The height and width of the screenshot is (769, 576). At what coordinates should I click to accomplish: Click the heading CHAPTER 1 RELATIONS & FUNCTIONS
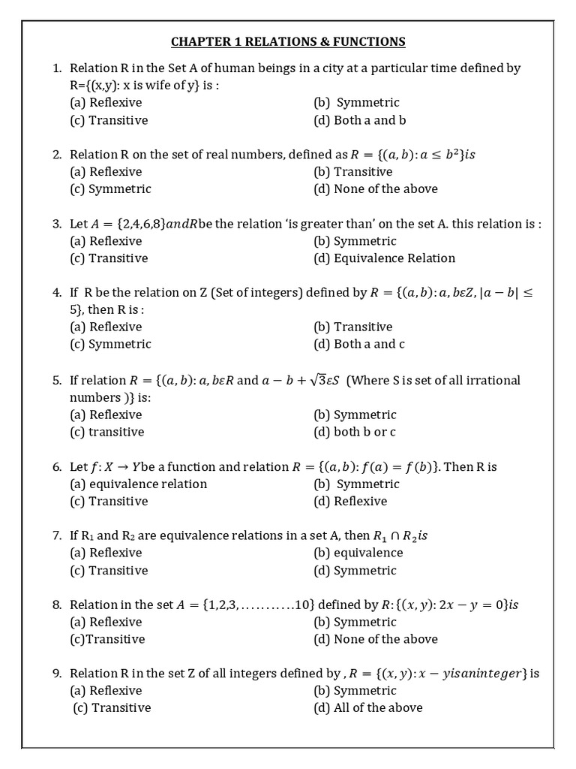tap(288, 41)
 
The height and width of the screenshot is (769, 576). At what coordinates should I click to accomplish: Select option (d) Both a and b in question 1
tap(360, 120)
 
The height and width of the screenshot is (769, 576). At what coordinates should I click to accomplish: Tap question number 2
tap(57, 155)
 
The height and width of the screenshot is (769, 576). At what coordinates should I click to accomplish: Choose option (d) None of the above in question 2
tap(375, 189)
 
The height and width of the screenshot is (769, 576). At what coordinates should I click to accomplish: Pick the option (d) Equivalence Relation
tap(384, 258)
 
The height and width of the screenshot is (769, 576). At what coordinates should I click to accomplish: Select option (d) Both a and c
tap(359, 344)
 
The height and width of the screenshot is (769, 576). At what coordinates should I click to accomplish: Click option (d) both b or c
tap(355, 432)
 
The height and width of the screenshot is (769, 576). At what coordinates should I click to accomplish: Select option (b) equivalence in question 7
tap(358, 553)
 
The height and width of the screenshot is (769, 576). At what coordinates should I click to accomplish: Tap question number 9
tap(57, 674)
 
